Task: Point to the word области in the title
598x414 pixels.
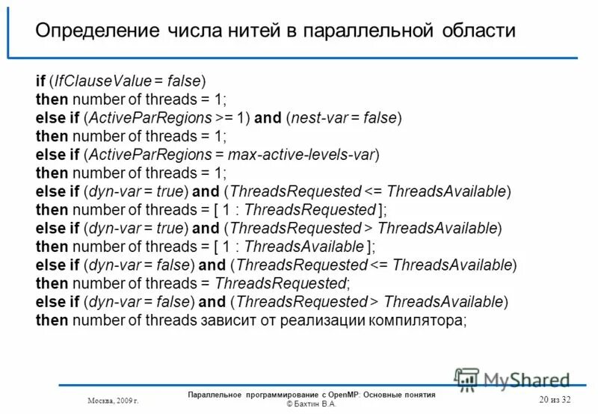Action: [478, 31]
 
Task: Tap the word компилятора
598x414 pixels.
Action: [416, 320]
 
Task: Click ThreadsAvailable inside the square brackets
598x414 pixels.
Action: [303, 247]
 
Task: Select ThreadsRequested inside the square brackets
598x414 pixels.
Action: [309, 210]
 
